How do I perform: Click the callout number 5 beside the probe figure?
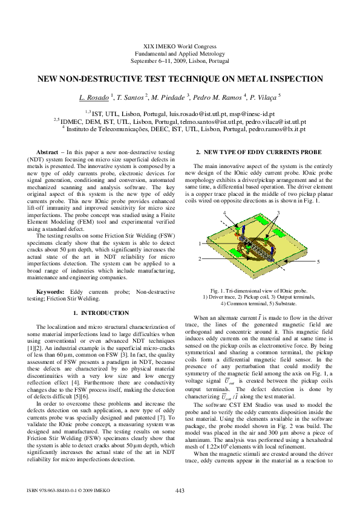[318, 262]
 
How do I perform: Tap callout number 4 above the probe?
[224, 213]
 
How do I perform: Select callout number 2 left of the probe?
[200, 259]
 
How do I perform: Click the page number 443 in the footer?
[180, 490]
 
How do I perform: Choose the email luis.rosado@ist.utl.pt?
[194, 113]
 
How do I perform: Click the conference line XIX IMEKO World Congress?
[180, 47]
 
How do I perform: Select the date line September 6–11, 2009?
[180, 61]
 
